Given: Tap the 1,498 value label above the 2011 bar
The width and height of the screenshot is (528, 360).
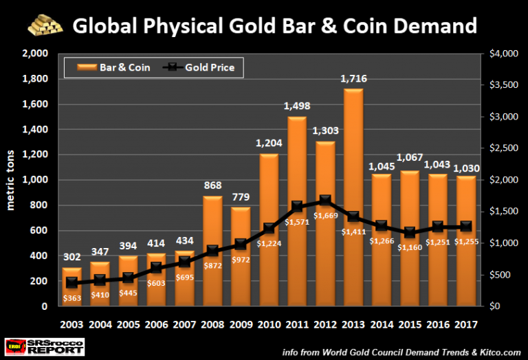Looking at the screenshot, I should (x=298, y=106).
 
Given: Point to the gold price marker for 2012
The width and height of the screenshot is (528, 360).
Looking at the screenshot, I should (x=324, y=201).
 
